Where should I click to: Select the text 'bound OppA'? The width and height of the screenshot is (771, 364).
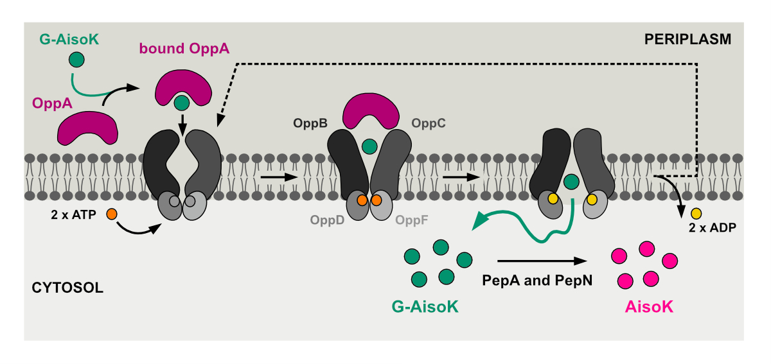[x=184, y=48]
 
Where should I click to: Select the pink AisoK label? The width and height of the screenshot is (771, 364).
[x=649, y=307]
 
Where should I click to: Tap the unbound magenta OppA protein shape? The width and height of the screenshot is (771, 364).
[x=88, y=127]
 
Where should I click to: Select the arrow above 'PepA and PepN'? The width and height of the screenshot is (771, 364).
[x=542, y=261]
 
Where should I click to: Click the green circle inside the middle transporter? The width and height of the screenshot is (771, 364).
[x=369, y=146]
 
